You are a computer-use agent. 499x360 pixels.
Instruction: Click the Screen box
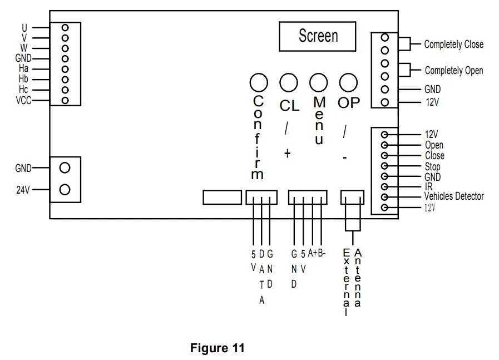point(318,36)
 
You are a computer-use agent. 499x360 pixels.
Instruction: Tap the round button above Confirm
point(258,83)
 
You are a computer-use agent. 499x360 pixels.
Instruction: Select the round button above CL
point(288,83)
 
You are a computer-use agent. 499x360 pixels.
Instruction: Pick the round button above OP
point(348,83)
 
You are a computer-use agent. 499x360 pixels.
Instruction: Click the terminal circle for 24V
point(65,190)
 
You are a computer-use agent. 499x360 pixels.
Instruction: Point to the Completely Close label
point(453,45)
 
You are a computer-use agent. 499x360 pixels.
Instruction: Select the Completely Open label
point(453,71)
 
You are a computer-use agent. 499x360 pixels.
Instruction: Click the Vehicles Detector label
point(454,196)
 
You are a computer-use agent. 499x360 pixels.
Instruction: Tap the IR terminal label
point(428,186)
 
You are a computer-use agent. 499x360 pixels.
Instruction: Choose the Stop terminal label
point(432,166)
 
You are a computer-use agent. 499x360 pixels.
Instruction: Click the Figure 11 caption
point(217,349)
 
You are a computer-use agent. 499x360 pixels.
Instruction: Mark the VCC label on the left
point(24,101)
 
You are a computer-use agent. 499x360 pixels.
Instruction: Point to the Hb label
point(23,79)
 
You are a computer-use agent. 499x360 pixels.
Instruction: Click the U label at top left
point(24,27)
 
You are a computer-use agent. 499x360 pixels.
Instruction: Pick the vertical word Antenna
point(357,278)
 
